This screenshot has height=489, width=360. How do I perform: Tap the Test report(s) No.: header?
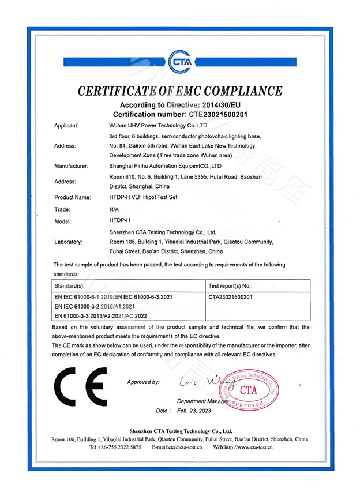click(231, 285)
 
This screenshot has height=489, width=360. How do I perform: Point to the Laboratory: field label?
click(68, 242)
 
